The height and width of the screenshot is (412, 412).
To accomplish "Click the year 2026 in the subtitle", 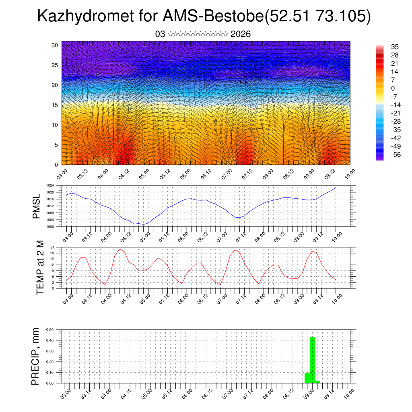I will click(x=241, y=34).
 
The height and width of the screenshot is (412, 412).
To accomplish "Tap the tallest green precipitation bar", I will click(x=312, y=360).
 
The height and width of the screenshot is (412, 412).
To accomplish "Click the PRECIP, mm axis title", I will click(x=36, y=356).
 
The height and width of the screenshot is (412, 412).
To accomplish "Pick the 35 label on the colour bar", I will click(x=394, y=47).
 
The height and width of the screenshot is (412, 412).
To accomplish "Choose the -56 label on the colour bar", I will click(x=396, y=155).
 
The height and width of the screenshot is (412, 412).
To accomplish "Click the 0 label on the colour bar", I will click(x=393, y=89).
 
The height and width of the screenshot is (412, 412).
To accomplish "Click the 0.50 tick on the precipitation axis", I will click(x=50, y=330).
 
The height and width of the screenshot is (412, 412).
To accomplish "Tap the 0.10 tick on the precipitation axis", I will click(x=50, y=373).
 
